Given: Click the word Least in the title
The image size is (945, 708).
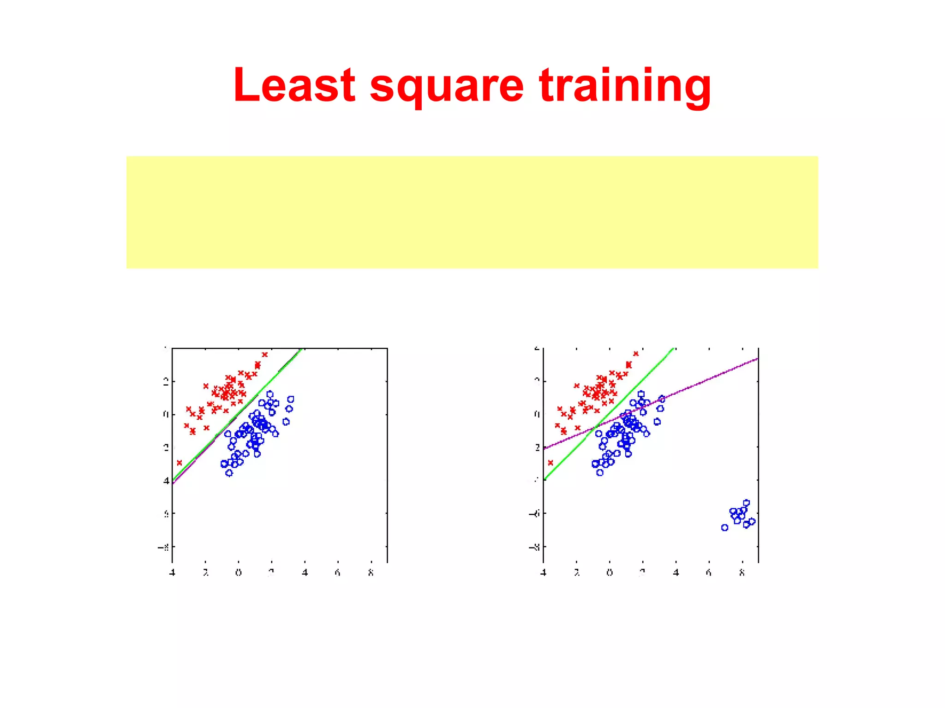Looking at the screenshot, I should point(294,85).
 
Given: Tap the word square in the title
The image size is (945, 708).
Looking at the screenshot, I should point(446,88).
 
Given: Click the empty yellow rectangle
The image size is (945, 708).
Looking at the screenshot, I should point(472,212).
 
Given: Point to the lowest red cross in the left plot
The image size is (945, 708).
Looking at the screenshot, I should point(179,463).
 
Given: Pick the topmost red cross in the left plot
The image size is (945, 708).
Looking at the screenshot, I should point(264,355).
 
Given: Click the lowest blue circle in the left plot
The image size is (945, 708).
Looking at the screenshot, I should point(229,473).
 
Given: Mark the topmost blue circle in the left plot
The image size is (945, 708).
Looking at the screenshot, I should point(270,394).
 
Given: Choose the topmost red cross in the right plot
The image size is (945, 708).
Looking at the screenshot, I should point(636,354).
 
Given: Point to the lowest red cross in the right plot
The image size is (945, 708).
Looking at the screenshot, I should point(550,462).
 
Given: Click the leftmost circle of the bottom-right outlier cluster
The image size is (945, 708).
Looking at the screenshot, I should point(724,528).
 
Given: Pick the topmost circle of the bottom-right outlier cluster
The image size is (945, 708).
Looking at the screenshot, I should point(747,503).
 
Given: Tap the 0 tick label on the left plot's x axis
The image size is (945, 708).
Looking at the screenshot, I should point(239,573).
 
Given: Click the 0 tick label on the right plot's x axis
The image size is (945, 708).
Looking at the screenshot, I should point(610,573).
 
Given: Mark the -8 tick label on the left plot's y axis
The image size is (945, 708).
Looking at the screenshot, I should point(163,547).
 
